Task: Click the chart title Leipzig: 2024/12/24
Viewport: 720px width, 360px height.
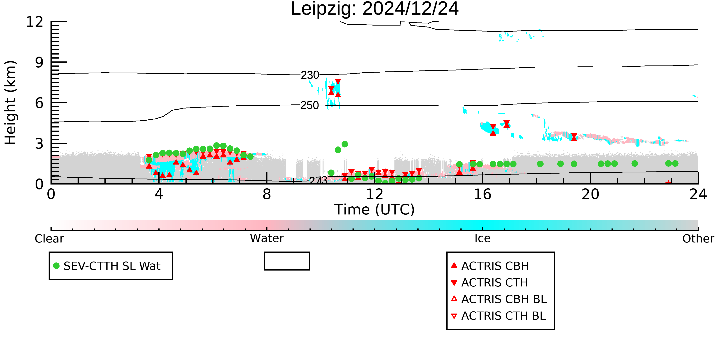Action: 375,9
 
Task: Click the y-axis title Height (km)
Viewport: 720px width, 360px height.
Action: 11,103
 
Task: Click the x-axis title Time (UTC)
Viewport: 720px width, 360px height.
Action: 375,210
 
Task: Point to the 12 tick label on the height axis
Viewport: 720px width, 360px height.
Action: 35,22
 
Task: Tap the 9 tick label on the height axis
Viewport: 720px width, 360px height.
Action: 39,62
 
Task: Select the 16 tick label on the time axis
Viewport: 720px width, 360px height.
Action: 482,194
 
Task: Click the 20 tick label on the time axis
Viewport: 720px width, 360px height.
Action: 590,194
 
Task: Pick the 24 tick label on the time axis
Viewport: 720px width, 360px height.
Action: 698,194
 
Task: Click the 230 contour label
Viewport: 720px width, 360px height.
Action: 310,75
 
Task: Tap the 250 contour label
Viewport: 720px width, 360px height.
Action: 310,105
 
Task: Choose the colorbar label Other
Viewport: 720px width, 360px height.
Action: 698,239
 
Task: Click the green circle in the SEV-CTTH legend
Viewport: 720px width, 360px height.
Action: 56,266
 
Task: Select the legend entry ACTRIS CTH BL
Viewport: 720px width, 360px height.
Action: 498,316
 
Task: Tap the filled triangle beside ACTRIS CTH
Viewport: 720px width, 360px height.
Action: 454,283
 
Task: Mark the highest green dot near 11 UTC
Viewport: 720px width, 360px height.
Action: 345,144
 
